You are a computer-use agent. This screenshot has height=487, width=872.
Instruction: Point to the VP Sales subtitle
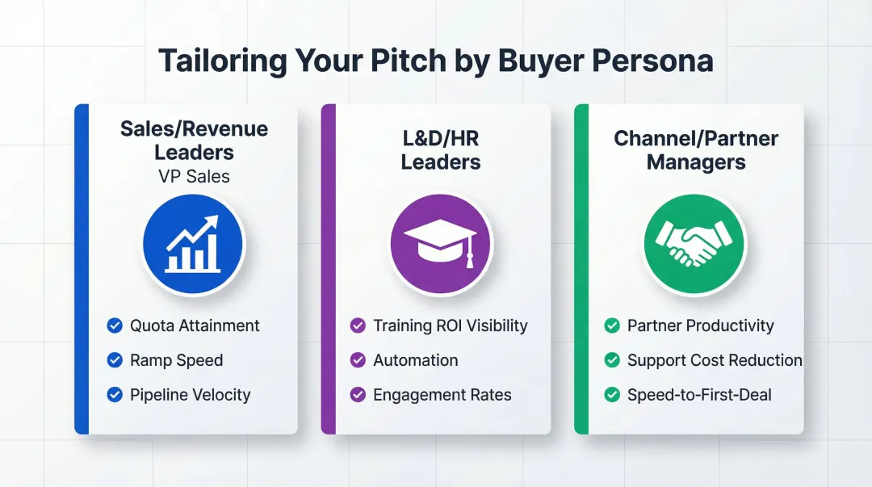pos(194,176)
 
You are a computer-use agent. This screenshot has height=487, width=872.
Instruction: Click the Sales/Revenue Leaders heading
pos(194,141)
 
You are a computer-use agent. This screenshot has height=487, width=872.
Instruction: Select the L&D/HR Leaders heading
pos(441,149)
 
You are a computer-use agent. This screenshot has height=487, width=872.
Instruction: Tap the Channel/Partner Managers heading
pos(695,149)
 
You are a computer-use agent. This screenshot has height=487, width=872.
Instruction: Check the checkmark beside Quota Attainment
pos(115,325)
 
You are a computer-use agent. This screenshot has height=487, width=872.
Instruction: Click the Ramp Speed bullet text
pos(176,360)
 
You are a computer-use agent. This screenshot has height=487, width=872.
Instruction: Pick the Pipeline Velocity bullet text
pos(190,395)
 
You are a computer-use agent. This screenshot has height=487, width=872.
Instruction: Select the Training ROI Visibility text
pos(450,325)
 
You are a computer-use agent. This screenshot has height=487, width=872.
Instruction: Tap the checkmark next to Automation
pos(358,360)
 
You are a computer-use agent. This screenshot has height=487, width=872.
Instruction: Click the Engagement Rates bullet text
pos(442,395)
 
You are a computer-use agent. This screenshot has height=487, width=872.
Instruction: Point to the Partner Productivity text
pos(700,325)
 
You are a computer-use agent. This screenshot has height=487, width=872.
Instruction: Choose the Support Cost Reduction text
pos(715,360)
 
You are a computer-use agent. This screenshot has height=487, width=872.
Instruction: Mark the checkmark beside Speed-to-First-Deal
pos(612,395)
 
